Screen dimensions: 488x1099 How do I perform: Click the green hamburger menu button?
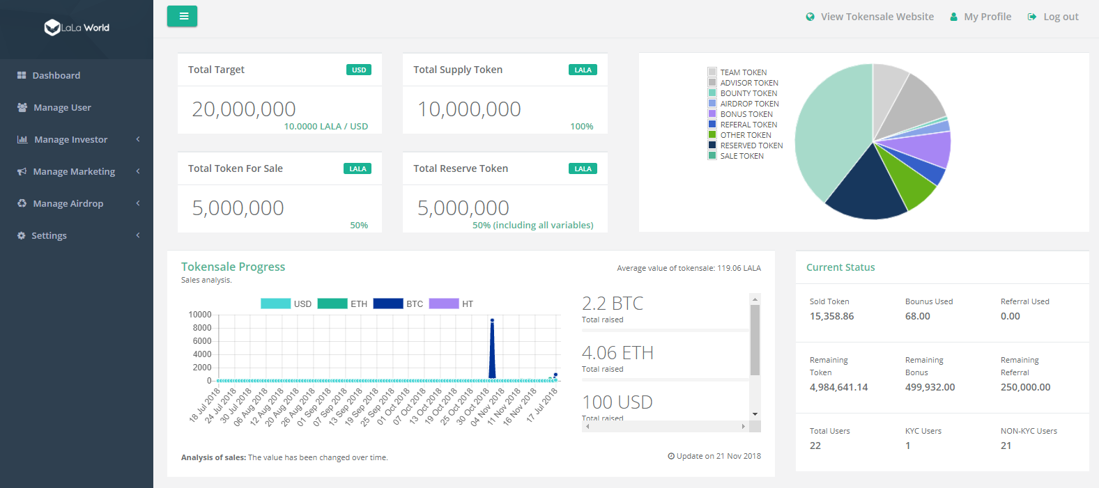pos(182,16)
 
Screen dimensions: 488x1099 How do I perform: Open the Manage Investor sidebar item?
pos(70,139)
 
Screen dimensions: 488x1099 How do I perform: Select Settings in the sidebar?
pos(49,235)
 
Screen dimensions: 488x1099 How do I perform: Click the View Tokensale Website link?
pos(877,17)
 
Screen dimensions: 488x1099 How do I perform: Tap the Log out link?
pos(1060,17)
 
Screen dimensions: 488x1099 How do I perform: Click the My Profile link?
pos(987,17)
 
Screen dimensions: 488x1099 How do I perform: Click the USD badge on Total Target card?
pos(359,70)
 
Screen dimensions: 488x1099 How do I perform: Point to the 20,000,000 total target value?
pos(244,109)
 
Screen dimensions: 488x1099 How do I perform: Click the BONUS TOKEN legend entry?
pos(746,114)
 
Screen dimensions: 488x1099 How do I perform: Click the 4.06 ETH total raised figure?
pos(617,353)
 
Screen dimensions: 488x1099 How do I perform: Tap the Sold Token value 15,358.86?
pos(831,316)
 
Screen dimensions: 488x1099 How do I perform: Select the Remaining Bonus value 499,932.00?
pos(930,387)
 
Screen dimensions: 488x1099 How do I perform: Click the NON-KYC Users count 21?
pos(1006,446)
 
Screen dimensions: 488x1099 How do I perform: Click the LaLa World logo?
pos(77,28)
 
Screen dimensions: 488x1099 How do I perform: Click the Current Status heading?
pos(840,267)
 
